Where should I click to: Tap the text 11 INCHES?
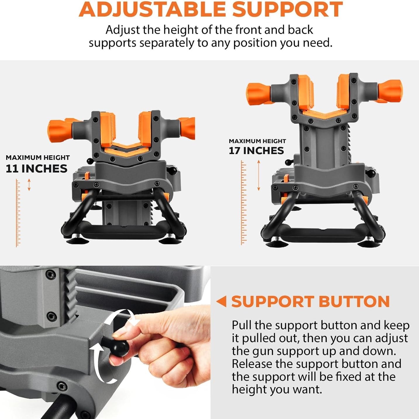[x=37, y=169]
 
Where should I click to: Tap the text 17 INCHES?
[x=256, y=151]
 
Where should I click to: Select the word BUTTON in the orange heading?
[x=354, y=301]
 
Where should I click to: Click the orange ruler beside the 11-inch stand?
[x=18, y=213]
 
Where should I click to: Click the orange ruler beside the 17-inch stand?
[x=244, y=203]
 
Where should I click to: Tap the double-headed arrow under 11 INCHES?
[x=29, y=185]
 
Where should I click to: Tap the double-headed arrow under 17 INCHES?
[x=258, y=175]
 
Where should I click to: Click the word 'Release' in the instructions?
[x=251, y=364]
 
